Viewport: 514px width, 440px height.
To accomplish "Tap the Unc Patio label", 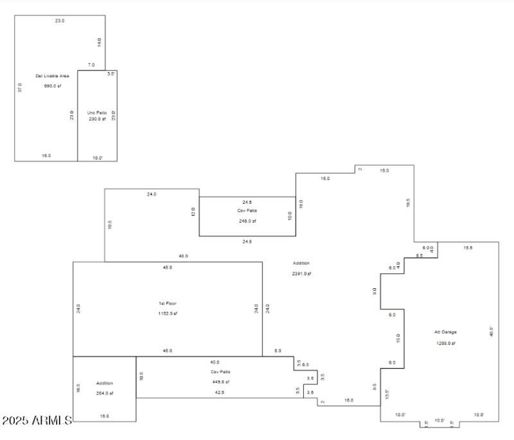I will click(x=96, y=113).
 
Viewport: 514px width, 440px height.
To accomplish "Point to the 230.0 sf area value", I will click(x=97, y=119).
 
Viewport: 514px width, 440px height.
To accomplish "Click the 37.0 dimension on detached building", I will click(x=20, y=87).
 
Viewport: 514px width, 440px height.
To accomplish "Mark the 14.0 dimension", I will click(x=99, y=42).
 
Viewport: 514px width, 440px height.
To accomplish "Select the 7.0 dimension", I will click(x=91, y=65).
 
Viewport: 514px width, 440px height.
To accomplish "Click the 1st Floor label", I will click(x=167, y=303).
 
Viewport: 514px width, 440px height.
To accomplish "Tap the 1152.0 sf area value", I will click(x=167, y=313).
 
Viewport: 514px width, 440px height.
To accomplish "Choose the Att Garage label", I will click(x=445, y=333).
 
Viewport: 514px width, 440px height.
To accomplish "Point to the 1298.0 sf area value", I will click(x=445, y=343).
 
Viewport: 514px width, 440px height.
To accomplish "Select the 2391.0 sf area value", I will click(x=301, y=273).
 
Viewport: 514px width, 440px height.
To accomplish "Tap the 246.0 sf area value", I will click(x=247, y=221).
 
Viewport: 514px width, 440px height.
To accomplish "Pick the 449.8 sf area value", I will click(x=220, y=381).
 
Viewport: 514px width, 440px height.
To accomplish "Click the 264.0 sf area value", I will click(x=104, y=393).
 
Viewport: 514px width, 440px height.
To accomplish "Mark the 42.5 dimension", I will click(x=220, y=392).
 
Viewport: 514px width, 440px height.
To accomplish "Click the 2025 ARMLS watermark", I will click(x=37, y=421).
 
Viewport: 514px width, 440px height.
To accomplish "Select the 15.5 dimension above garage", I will click(x=468, y=248).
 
